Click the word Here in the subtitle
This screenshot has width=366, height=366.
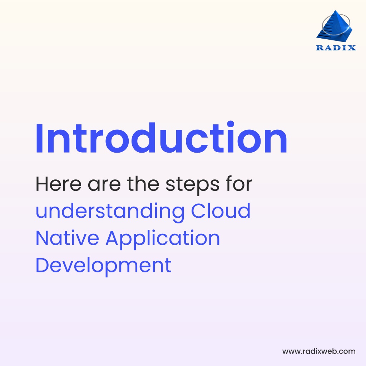pyautogui.click(x=58, y=184)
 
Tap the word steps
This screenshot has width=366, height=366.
pyautogui.click(x=193, y=186)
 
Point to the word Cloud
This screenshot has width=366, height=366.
pyautogui.click(x=221, y=211)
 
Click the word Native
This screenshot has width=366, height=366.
pyautogui.click(x=67, y=238)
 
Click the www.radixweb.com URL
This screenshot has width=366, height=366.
pyautogui.click(x=319, y=351)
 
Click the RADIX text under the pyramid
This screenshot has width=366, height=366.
pyautogui.click(x=336, y=48)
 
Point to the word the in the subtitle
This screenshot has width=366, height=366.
pyautogui.click(x=143, y=184)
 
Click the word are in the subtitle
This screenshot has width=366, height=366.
pyautogui.click(x=104, y=186)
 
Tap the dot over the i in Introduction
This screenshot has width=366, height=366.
pyautogui.click(x=231, y=124)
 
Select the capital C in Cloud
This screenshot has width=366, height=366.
pyautogui.click(x=198, y=211)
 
